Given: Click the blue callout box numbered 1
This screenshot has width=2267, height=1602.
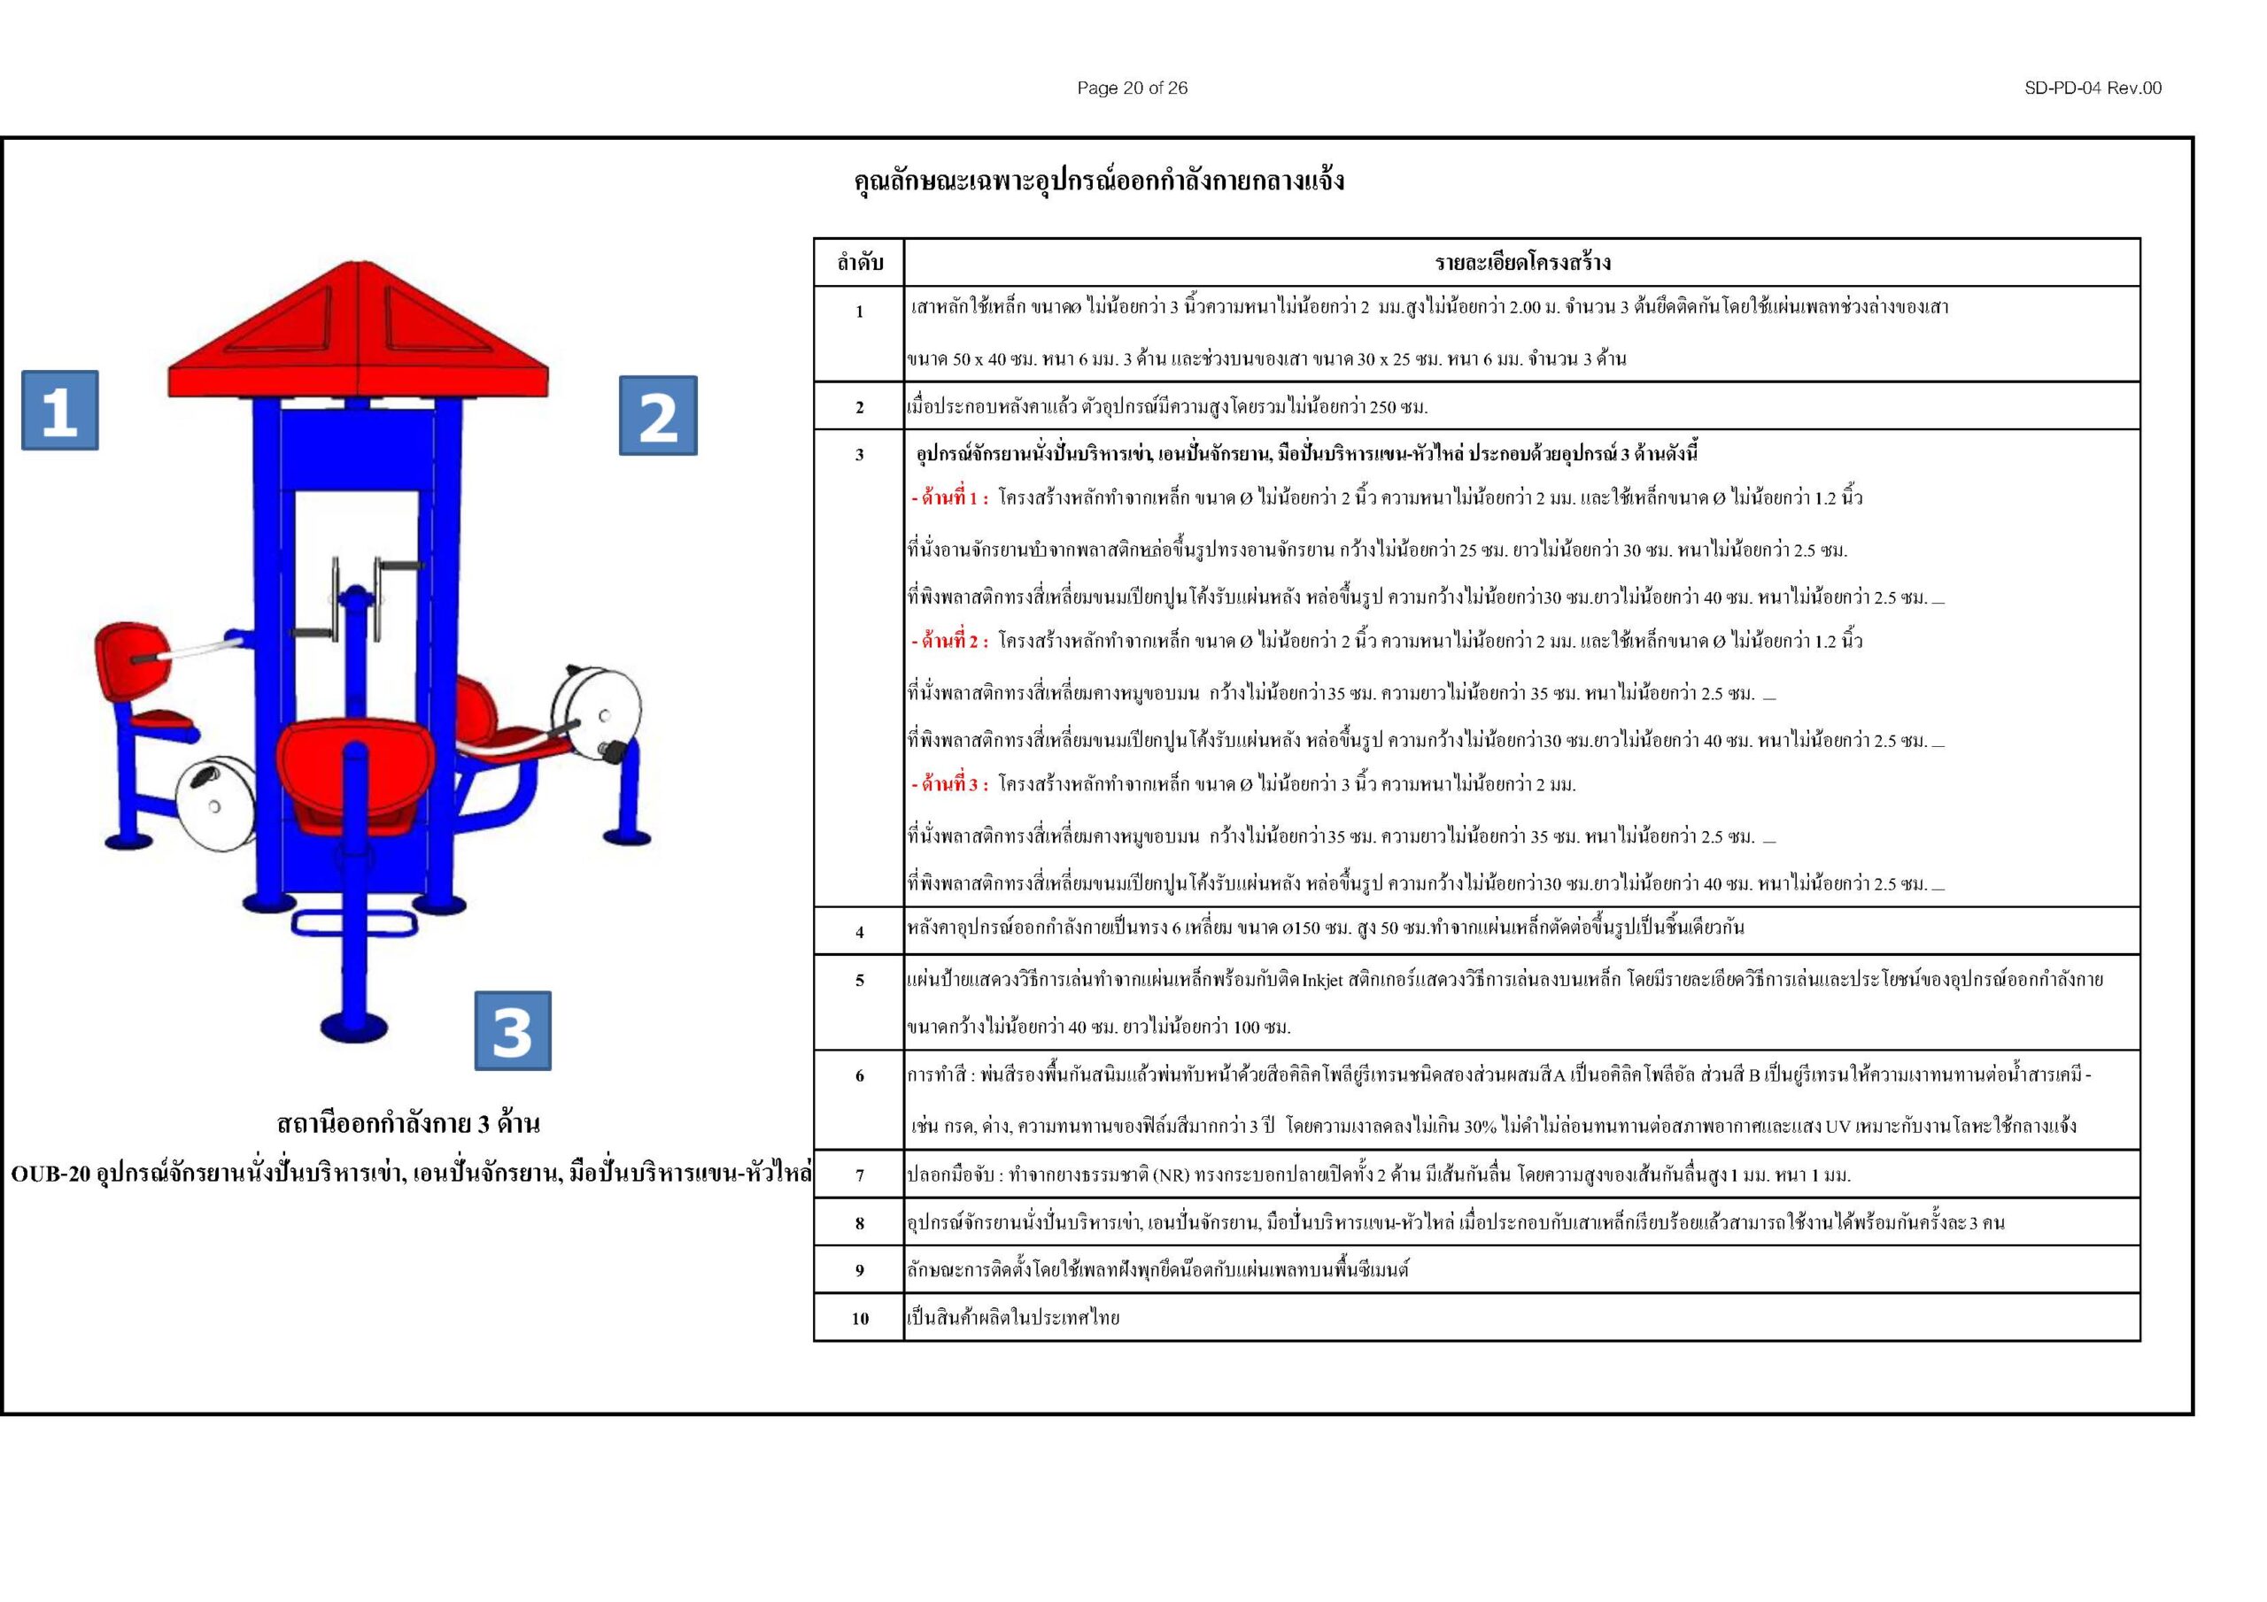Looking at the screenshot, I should tap(59, 410).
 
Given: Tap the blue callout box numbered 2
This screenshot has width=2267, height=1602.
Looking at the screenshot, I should tap(658, 416).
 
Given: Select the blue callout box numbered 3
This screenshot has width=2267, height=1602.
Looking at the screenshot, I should tap(513, 1030).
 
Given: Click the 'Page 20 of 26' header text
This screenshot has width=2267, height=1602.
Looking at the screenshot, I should tap(1132, 88).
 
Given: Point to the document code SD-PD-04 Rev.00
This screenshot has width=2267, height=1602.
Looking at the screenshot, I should tap(2093, 88).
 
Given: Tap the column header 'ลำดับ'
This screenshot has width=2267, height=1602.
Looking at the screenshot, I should tap(859, 263).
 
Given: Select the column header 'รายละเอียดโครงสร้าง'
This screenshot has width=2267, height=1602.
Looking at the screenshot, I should tap(1521, 263).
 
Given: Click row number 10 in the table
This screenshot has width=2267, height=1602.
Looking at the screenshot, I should tap(859, 1318).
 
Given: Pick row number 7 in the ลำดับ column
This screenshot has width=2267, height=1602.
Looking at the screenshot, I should tap(859, 1175).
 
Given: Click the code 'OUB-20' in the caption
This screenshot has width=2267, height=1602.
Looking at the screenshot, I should tap(51, 1175).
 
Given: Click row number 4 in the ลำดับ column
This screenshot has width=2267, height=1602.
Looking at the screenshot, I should tap(859, 932).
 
